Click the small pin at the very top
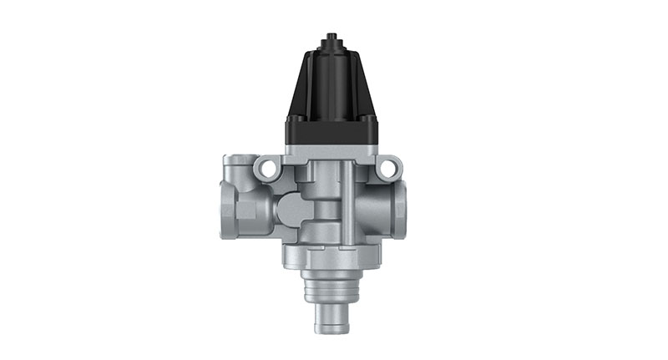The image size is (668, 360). click(x=331, y=38)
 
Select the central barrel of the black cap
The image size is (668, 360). click(x=331, y=84)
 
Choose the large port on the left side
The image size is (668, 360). click(x=231, y=209)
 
